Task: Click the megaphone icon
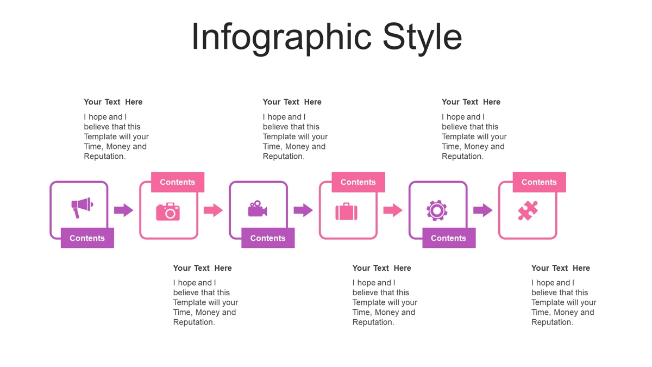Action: (82, 207)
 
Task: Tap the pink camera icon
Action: (168, 212)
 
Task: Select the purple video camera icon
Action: (258, 209)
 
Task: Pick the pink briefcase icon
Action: (347, 212)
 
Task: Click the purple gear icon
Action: (437, 210)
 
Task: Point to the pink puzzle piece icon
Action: (528, 210)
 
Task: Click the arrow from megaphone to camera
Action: (124, 210)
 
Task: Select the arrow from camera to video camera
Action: (214, 210)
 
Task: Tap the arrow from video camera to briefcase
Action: (303, 210)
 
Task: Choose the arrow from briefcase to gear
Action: (393, 210)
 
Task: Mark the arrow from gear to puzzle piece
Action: (483, 210)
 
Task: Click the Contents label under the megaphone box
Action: (87, 238)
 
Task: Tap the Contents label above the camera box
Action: (178, 182)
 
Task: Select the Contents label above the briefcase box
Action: (358, 182)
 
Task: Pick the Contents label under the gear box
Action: (449, 238)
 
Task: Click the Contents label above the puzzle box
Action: (539, 182)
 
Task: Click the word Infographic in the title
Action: (281, 38)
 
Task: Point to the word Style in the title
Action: (422, 38)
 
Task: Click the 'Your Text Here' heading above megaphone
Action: (113, 102)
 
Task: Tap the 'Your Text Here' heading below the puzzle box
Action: (561, 268)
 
